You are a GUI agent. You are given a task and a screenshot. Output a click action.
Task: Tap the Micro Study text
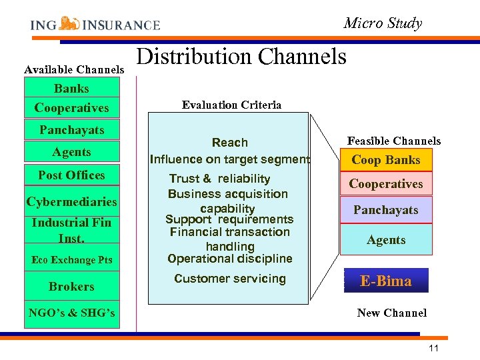click(x=383, y=23)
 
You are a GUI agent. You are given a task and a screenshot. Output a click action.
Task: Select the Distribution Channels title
click(x=241, y=57)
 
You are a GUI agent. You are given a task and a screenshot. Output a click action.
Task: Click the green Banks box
click(x=71, y=88)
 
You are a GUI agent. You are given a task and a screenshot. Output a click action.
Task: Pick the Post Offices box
click(x=71, y=175)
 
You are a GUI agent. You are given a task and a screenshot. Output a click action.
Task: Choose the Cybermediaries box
click(x=71, y=201)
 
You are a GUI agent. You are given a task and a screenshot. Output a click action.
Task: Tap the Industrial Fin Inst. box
click(x=71, y=229)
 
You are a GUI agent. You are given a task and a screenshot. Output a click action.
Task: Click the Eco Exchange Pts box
click(x=71, y=260)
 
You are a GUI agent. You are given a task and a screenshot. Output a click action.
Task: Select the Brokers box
click(x=71, y=287)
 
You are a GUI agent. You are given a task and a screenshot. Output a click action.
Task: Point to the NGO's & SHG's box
click(x=71, y=313)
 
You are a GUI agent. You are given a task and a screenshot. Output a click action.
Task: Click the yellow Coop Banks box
click(x=386, y=160)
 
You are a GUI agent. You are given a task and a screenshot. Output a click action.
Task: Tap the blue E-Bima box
click(x=386, y=281)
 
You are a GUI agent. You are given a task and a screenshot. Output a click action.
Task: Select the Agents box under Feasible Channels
click(x=386, y=239)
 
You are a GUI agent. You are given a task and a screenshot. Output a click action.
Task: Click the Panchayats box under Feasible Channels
click(x=386, y=210)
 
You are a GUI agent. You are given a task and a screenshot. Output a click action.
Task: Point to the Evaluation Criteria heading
click(x=231, y=105)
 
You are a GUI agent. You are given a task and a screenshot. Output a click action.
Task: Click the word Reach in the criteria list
click(x=229, y=143)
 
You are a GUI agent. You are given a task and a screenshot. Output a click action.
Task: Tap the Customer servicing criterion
click(x=229, y=279)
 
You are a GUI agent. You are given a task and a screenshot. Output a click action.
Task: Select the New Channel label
click(x=391, y=313)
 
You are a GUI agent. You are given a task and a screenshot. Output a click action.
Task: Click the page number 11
click(x=434, y=348)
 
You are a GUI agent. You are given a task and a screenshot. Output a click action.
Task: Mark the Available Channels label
click(x=74, y=69)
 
